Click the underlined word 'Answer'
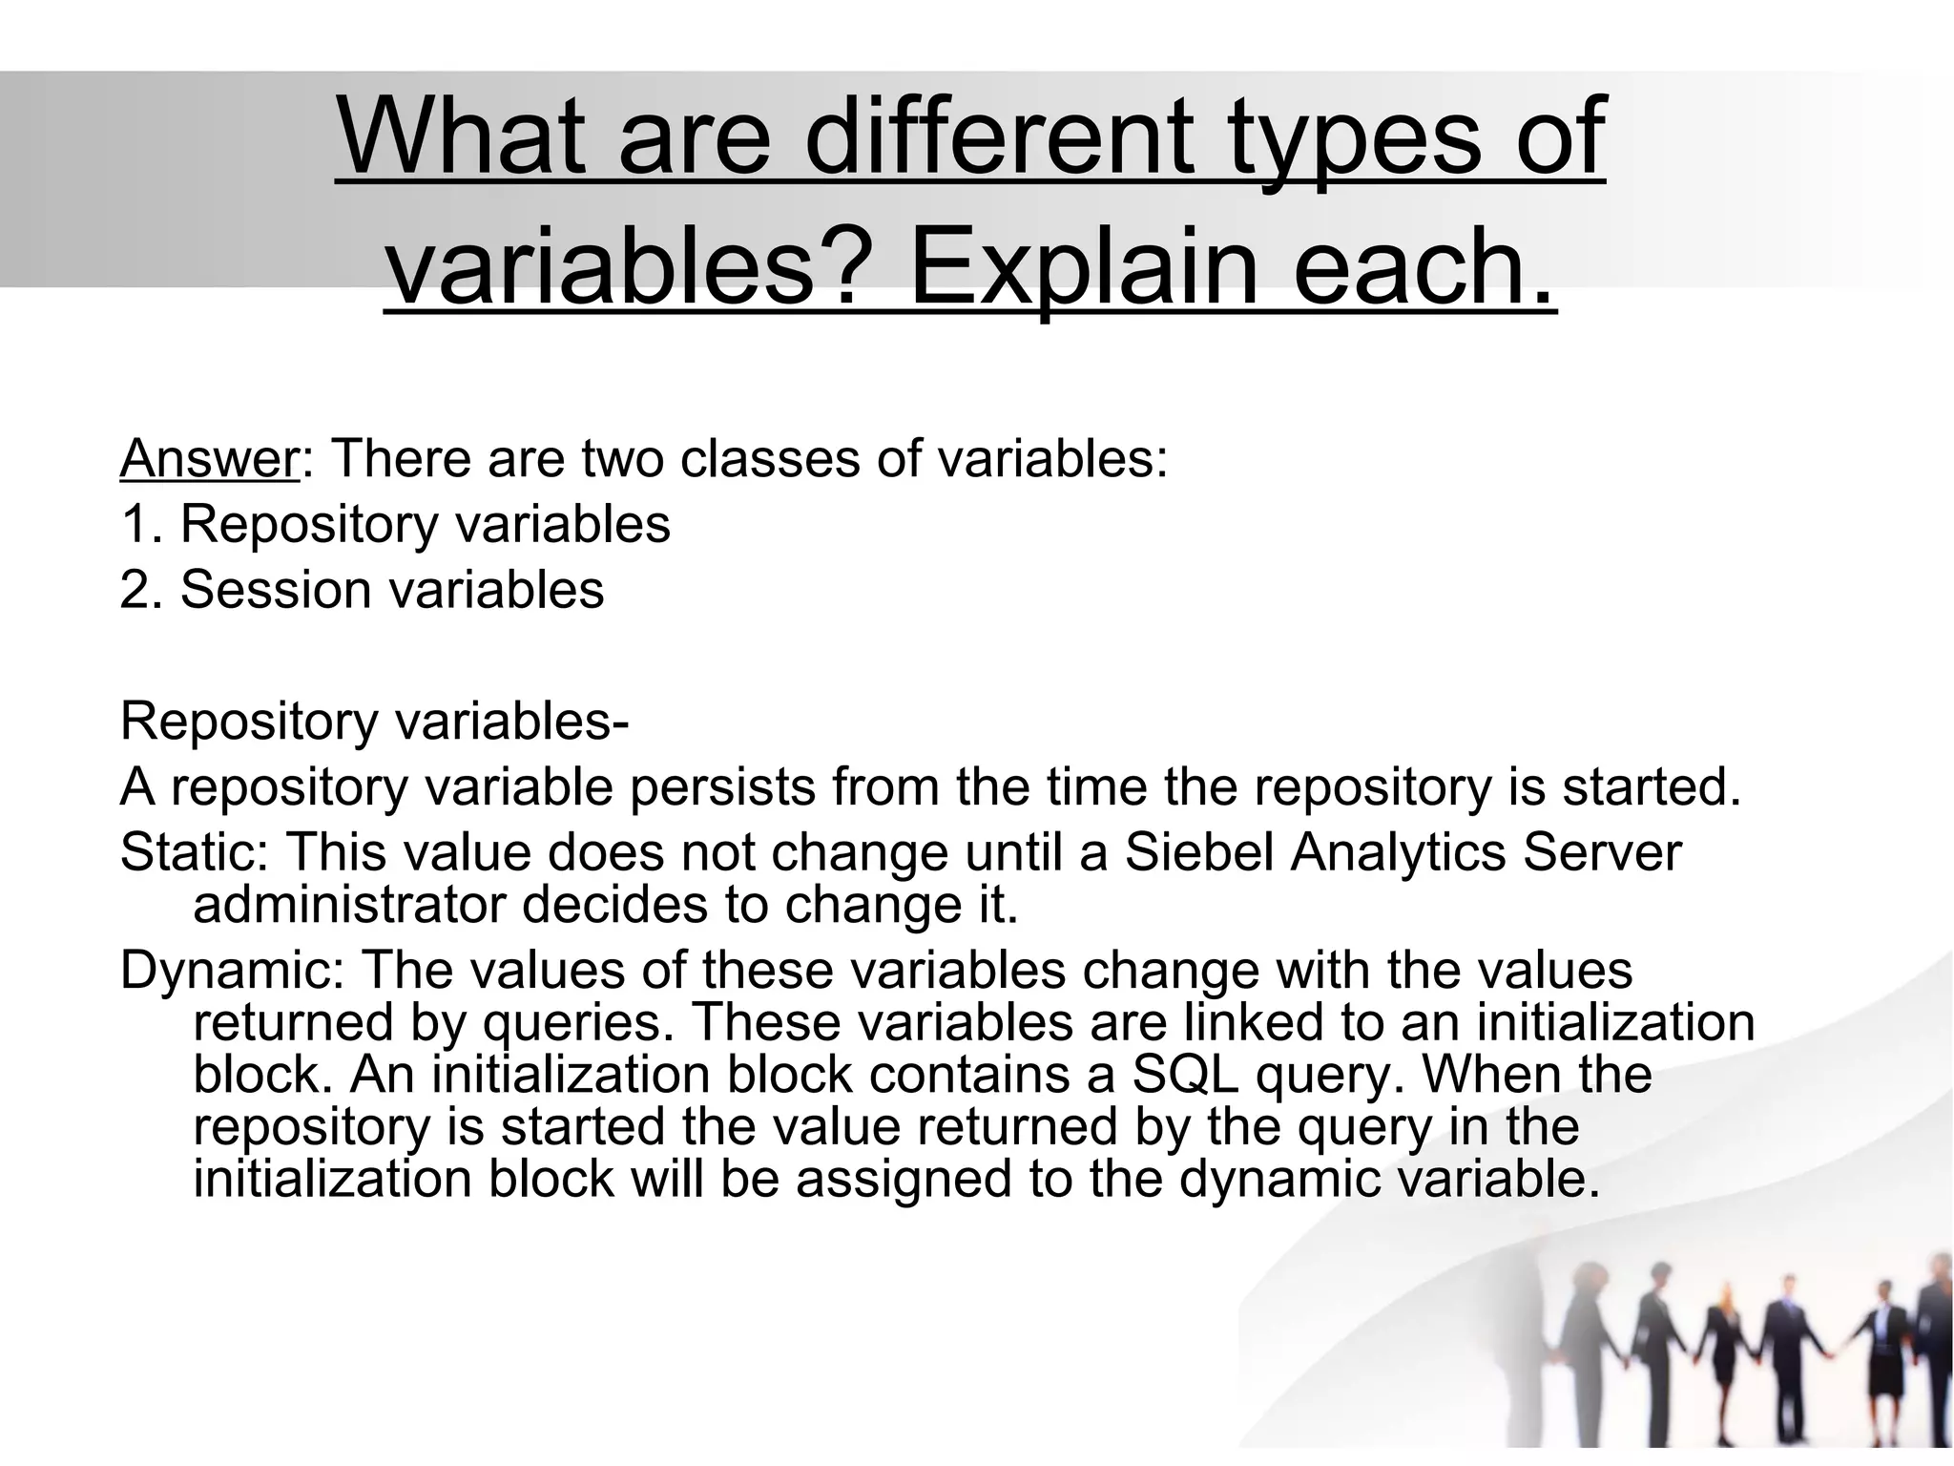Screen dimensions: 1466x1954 [209, 459]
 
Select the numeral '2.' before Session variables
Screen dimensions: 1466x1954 [143, 589]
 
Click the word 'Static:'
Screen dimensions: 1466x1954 [195, 852]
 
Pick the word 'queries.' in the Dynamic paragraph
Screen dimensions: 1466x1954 [573, 1022]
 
